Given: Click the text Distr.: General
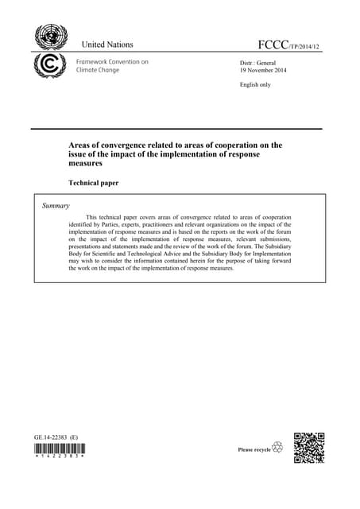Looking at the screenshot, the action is pyautogui.click(x=257, y=62).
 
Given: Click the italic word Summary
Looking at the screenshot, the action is pyautogui.click(x=56, y=206).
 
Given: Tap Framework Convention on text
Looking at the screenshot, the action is pyautogui.click(x=111, y=61).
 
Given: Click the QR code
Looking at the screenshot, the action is pyautogui.click(x=309, y=448).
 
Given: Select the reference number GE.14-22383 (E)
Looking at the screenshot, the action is pyautogui.click(x=56, y=437).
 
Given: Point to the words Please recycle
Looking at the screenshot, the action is pyautogui.click(x=254, y=450).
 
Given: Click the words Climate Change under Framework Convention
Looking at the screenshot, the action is pyautogui.click(x=97, y=70).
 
